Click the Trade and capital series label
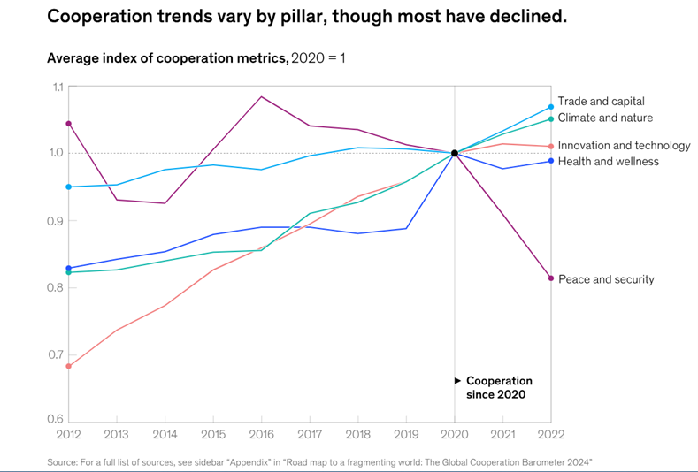(x=601, y=102)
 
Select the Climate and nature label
(x=605, y=118)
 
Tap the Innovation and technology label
(x=624, y=146)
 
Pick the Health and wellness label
(x=608, y=161)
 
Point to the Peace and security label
(x=606, y=279)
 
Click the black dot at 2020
(x=455, y=153)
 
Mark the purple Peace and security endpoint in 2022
(x=551, y=278)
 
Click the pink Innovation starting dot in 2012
(x=69, y=366)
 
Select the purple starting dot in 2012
(x=69, y=124)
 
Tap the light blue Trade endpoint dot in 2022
(x=551, y=107)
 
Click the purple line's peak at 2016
(x=262, y=96)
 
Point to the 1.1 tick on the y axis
(x=58, y=87)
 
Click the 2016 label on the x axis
(x=262, y=434)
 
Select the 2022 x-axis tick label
(x=550, y=434)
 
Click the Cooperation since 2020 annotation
(x=499, y=387)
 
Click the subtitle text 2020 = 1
(x=318, y=58)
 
